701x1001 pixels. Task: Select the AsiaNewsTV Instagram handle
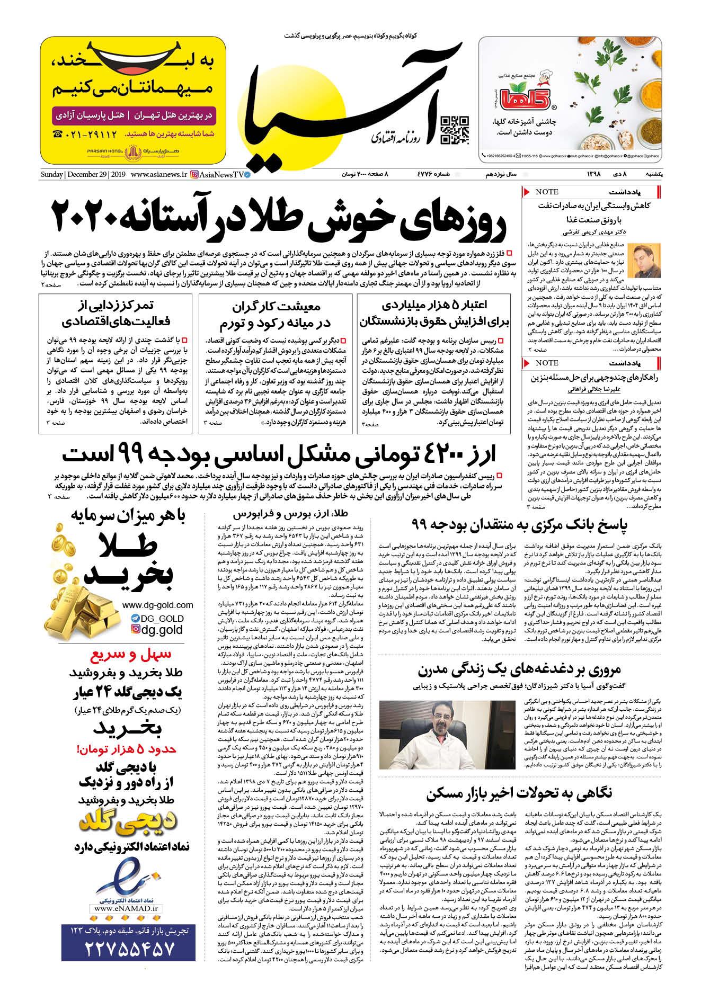click(223, 174)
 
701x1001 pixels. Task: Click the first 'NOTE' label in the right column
click(547, 192)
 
